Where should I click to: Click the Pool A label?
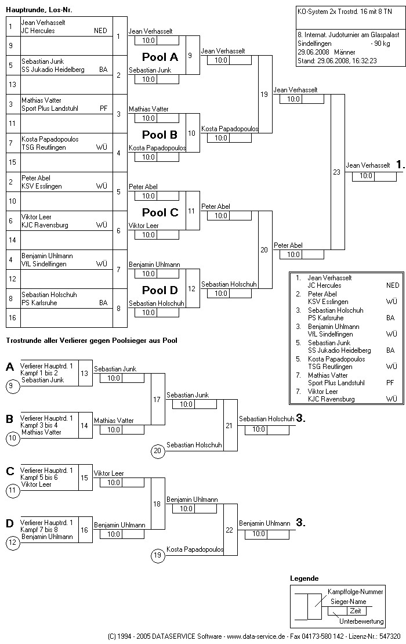pyautogui.click(x=160, y=57)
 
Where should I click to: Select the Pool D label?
pyautogui.click(x=160, y=290)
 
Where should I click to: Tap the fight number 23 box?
pyautogui.click(x=337, y=172)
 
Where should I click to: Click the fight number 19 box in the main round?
pyautogui.click(x=264, y=94)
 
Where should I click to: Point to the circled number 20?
pyautogui.click(x=157, y=451)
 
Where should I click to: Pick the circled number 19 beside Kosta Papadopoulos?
pyautogui.click(x=157, y=555)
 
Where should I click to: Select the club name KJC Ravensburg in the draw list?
pyautogui.click(x=45, y=225)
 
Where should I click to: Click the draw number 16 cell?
pyautogui.click(x=11, y=318)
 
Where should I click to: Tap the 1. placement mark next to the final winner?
pyautogui.click(x=400, y=165)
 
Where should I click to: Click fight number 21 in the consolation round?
pyautogui.click(x=229, y=425)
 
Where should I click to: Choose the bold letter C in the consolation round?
pyautogui.click(x=10, y=471)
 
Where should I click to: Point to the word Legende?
pyautogui.click(x=304, y=578)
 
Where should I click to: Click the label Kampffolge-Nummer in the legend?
pyautogui.click(x=356, y=592)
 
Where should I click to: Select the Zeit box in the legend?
pyautogui.click(x=356, y=611)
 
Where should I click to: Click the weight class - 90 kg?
pyautogui.click(x=381, y=44)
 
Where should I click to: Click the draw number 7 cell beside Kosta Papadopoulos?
pyautogui.click(x=11, y=143)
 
